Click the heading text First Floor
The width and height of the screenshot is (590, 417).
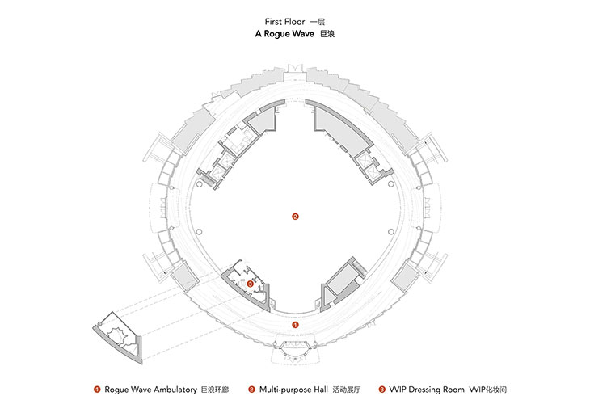284,22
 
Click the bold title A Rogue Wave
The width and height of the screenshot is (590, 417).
284,34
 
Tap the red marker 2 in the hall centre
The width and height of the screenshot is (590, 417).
295,217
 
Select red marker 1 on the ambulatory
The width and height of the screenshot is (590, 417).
295,324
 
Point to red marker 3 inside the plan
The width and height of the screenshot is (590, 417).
251,284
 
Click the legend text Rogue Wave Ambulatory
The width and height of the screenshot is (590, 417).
150,390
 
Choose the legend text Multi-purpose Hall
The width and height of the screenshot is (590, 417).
293,390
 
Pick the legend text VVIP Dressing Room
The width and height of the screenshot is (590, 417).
427,390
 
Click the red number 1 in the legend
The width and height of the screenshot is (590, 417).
97,390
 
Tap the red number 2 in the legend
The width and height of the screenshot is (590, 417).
251,390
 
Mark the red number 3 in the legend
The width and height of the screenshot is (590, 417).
382,390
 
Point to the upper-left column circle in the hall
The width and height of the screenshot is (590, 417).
200,184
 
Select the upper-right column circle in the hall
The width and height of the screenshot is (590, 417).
391,184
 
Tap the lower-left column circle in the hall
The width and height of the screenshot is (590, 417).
200,231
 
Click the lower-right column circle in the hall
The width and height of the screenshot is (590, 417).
391,231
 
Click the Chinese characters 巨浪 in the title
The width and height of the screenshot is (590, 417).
327,34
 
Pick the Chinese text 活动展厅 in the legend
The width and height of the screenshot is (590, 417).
347,390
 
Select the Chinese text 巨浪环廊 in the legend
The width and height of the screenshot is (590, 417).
215,390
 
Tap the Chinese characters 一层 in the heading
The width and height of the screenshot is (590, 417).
318,22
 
